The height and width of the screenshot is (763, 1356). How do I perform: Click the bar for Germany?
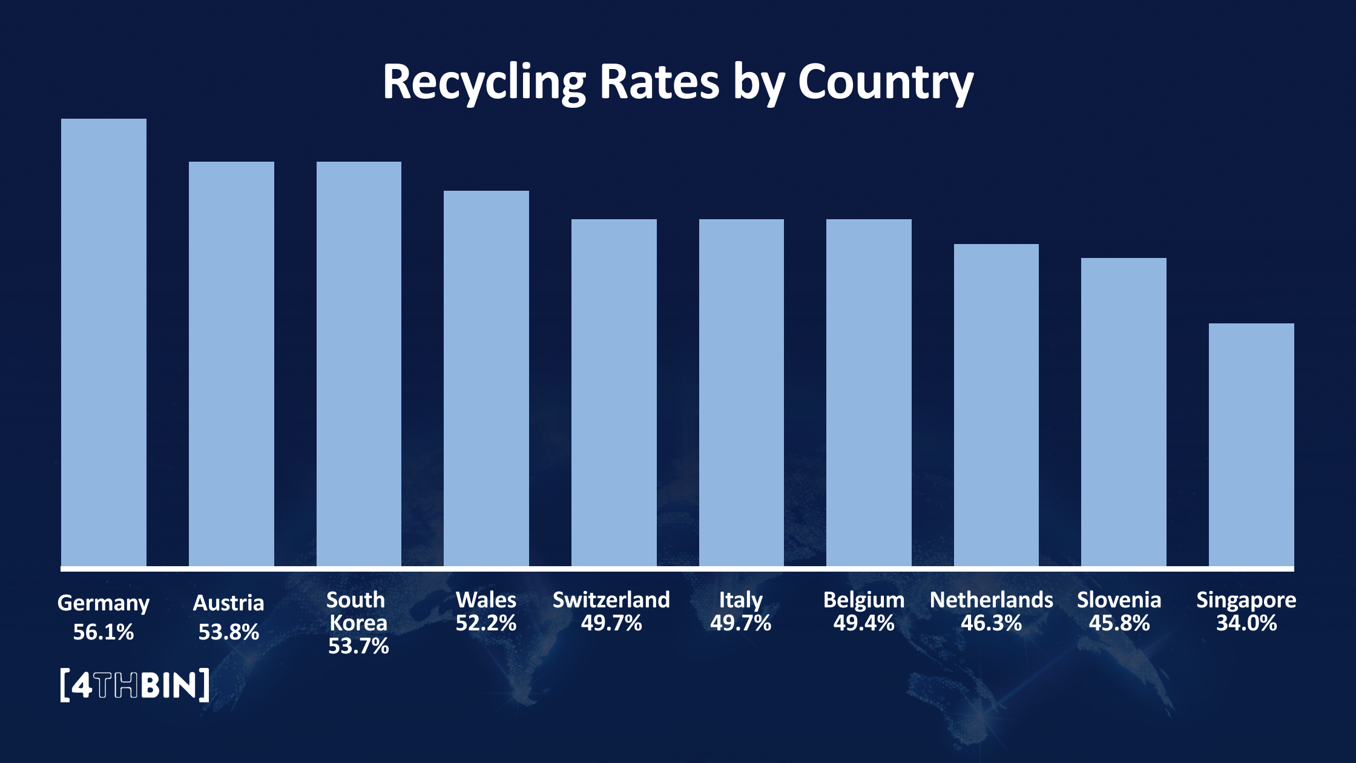[x=104, y=342]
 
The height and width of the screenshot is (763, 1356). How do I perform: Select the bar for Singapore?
[x=1251, y=445]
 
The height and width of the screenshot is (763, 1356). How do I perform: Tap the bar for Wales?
[x=486, y=378]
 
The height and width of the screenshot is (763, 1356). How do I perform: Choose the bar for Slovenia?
[x=1124, y=412]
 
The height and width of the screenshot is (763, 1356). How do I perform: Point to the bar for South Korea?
[x=359, y=363]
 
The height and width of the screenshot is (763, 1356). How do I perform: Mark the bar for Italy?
[x=742, y=392]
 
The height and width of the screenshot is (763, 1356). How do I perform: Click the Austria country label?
[x=228, y=603]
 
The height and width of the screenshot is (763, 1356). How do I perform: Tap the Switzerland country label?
[x=611, y=600]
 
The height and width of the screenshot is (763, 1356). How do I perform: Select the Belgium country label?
[x=864, y=600]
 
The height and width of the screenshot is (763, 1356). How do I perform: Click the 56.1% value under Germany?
[x=104, y=632]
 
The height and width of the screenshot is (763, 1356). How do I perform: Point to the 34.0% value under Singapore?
[x=1246, y=623]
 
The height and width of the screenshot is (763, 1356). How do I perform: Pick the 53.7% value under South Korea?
[x=358, y=646]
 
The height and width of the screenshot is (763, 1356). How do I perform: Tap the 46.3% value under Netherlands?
[x=991, y=623]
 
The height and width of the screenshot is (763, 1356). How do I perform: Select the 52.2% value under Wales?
[x=486, y=623]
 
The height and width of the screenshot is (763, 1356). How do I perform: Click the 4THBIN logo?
[x=135, y=685]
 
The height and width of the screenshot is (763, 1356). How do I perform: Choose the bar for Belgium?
[x=869, y=392]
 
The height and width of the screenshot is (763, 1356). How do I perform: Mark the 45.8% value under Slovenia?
[x=1119, y=623]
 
